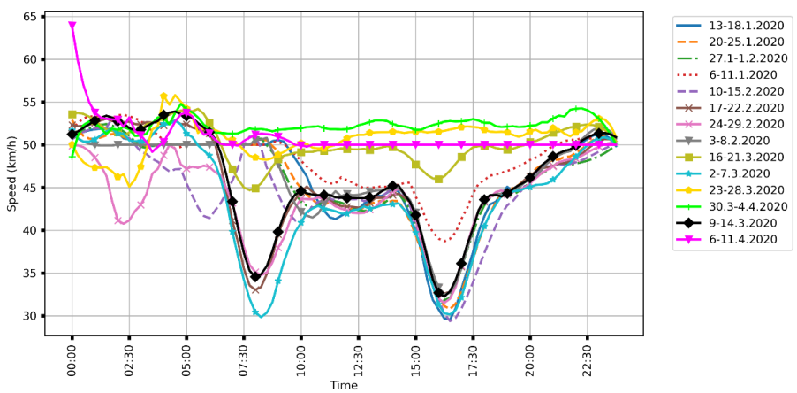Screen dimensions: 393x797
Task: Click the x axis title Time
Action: [344, 385]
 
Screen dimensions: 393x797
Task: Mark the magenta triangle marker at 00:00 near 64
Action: [72, 26]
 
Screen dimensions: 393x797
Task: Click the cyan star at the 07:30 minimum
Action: [255, 312]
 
